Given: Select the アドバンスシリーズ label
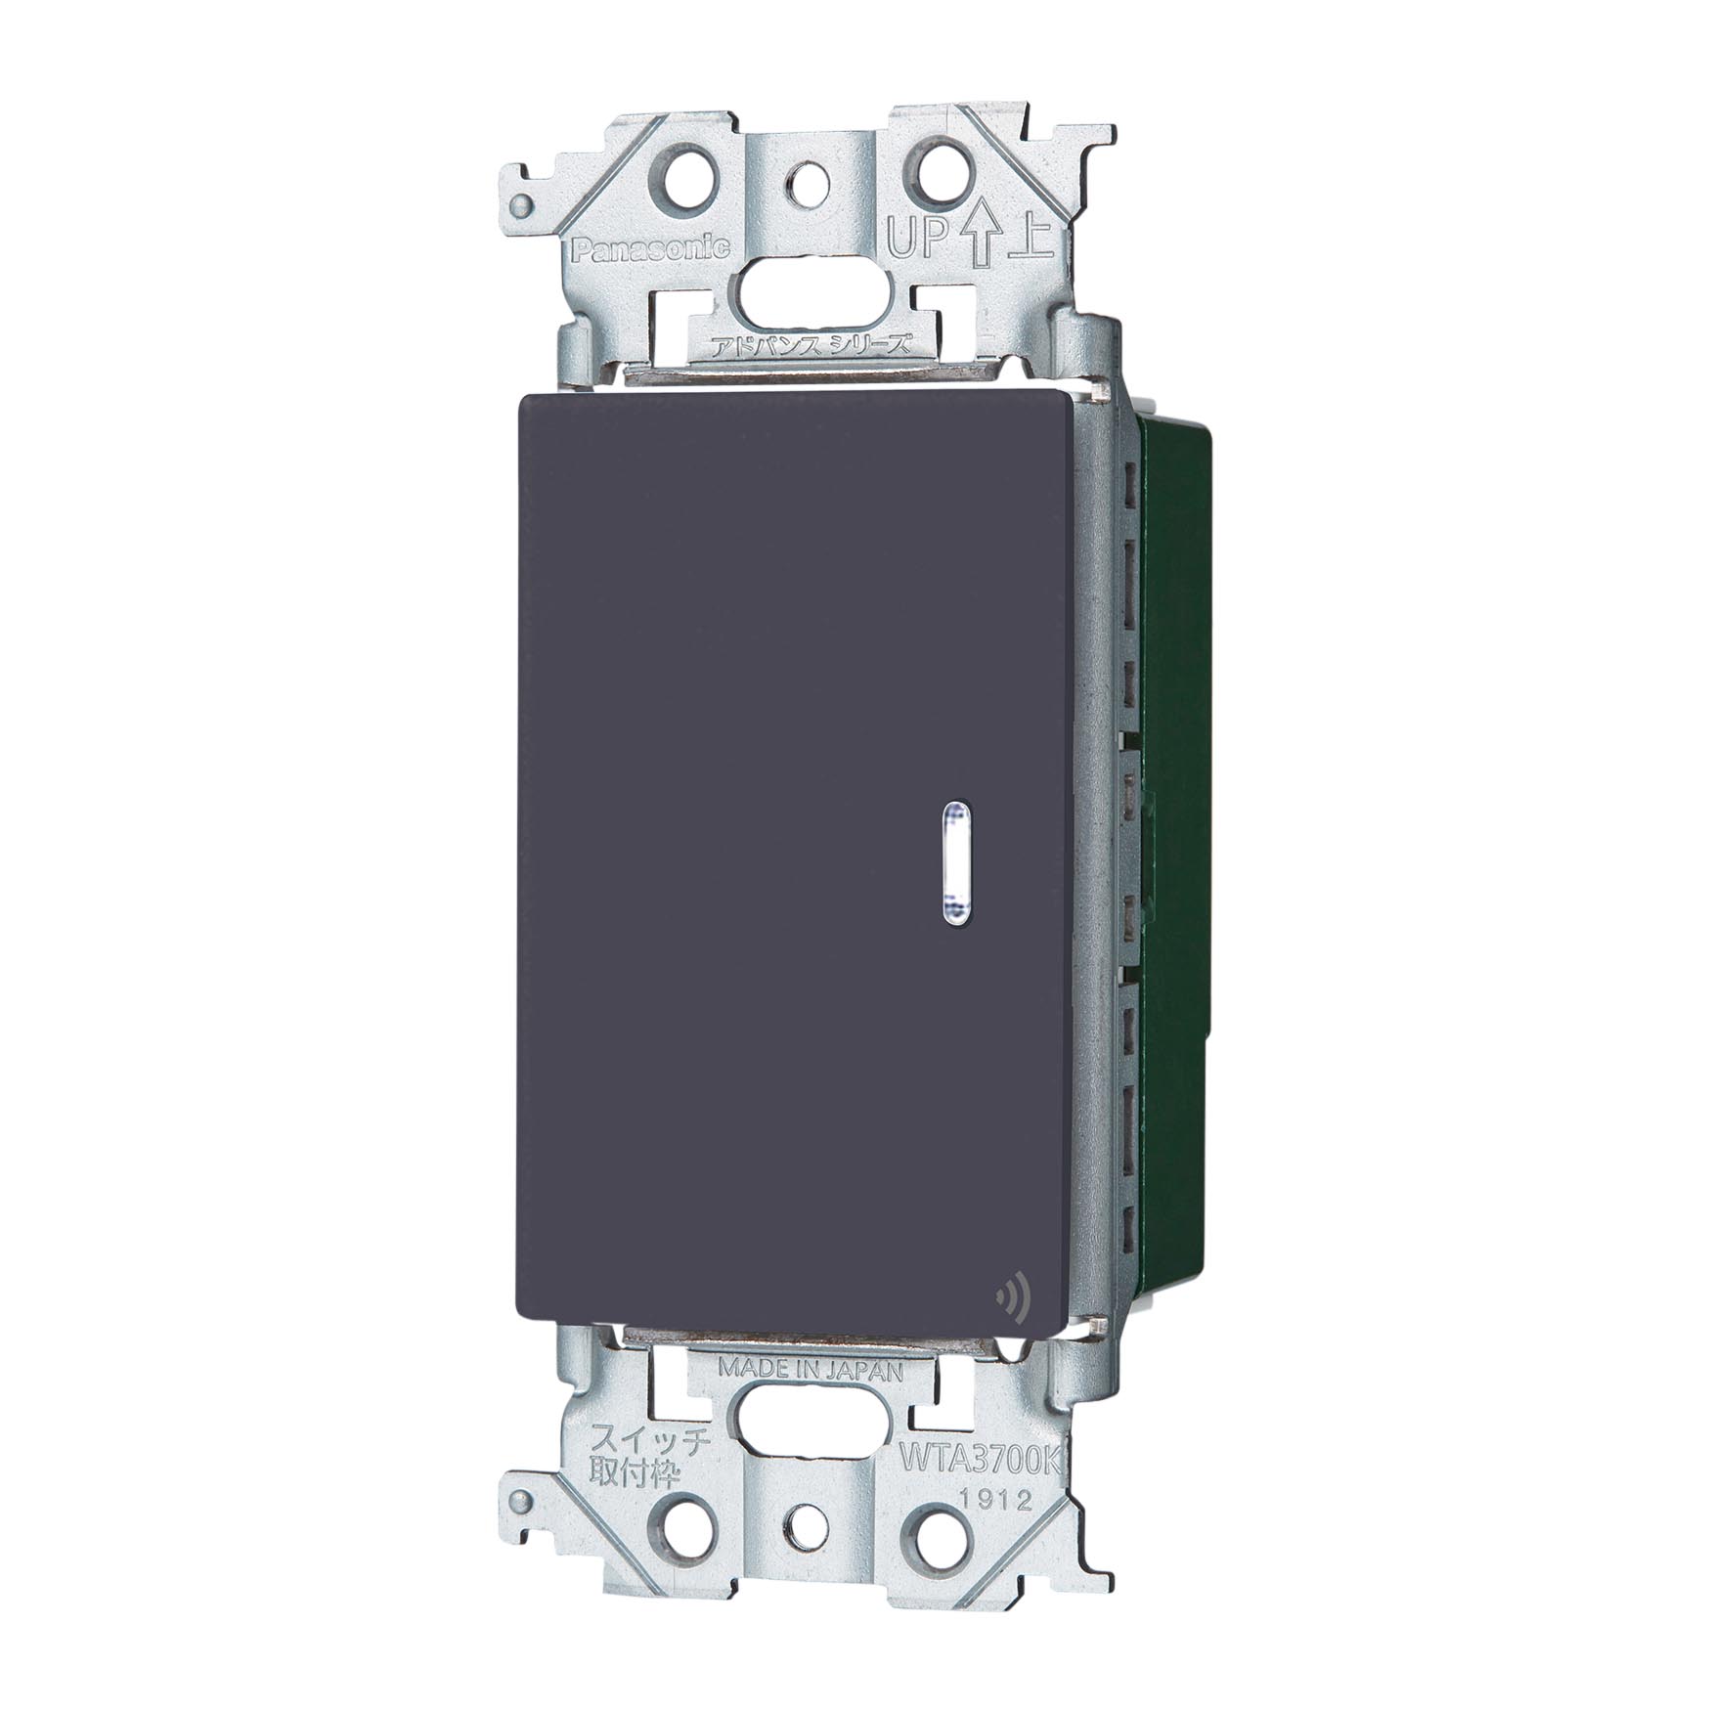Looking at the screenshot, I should (x=811, y=344).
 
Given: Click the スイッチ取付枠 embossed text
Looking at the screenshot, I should (x=628, y=1447).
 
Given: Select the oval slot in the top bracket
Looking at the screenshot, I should (x=809, y=290).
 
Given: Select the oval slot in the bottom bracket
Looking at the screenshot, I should (x=811, y=1425).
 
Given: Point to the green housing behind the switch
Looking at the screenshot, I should (x=1173, y=782).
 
